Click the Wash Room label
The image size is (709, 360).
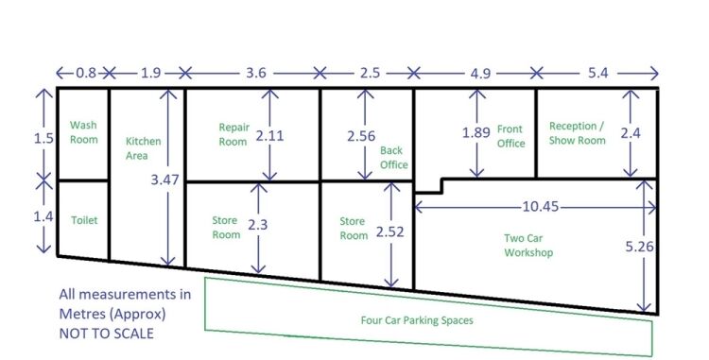point(83,132)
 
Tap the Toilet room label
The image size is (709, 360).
point(84,220)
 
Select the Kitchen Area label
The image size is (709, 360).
point(143,148)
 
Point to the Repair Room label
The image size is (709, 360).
point(233,134)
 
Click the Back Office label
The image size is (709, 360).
point(394,157)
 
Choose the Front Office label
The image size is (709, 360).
point(510,136)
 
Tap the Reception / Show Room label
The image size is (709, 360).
point(577,133)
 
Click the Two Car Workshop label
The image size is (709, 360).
point(528,246)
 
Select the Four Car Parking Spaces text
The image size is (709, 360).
point(417,320)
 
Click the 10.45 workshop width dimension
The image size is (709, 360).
point(541,206)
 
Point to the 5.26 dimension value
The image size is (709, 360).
point(639,247)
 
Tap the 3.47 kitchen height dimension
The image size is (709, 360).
point(164,180)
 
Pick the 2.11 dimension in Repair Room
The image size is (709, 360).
point(269,135)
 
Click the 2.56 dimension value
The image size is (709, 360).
point(361,135)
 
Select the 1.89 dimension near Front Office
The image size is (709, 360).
point(476,132)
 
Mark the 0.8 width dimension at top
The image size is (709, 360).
point(86,72)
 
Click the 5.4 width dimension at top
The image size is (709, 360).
point(597,72)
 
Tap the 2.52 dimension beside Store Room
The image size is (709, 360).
point(389,231)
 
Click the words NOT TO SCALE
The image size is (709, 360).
point(106,334)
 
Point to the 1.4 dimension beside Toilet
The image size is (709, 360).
point(43,216)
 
